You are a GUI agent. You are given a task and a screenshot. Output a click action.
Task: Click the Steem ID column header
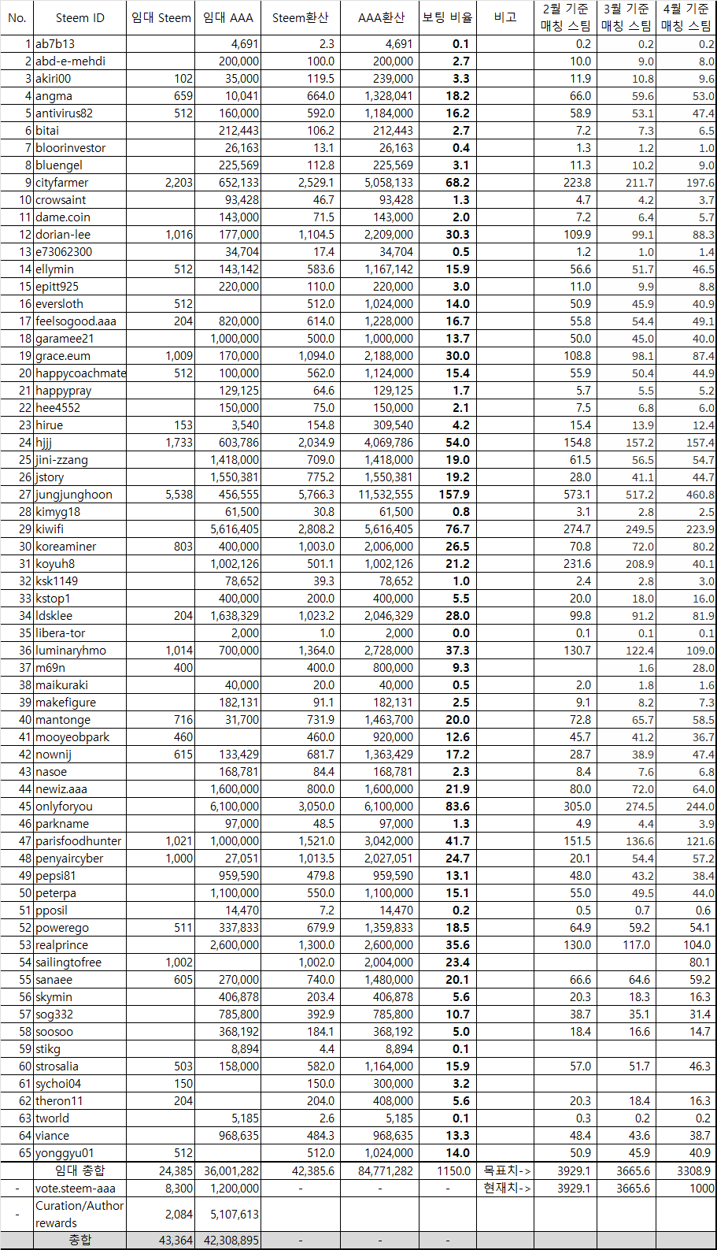(x=79, y=17)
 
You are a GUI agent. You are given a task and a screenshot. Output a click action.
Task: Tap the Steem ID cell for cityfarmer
(x=62, y=183)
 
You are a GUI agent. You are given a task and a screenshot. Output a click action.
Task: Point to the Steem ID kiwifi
(x=50, y=529)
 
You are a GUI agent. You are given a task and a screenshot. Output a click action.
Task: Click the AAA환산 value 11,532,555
(x=386, y=495)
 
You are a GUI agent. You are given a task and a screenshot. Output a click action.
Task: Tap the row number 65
(x=25, y=1153)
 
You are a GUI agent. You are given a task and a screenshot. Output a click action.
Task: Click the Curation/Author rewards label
(x=79, y=1214)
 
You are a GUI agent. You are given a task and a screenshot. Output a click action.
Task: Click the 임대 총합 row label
(x=79, y=1170)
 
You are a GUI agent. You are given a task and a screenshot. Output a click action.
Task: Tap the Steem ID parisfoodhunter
(x=79, y=841)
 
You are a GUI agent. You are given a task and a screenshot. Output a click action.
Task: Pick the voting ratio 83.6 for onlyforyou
(x=457, y=807)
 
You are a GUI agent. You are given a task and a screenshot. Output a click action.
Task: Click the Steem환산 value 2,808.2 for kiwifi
(x=316, y=529)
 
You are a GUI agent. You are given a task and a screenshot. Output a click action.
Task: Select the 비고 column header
(x=505, y=17)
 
